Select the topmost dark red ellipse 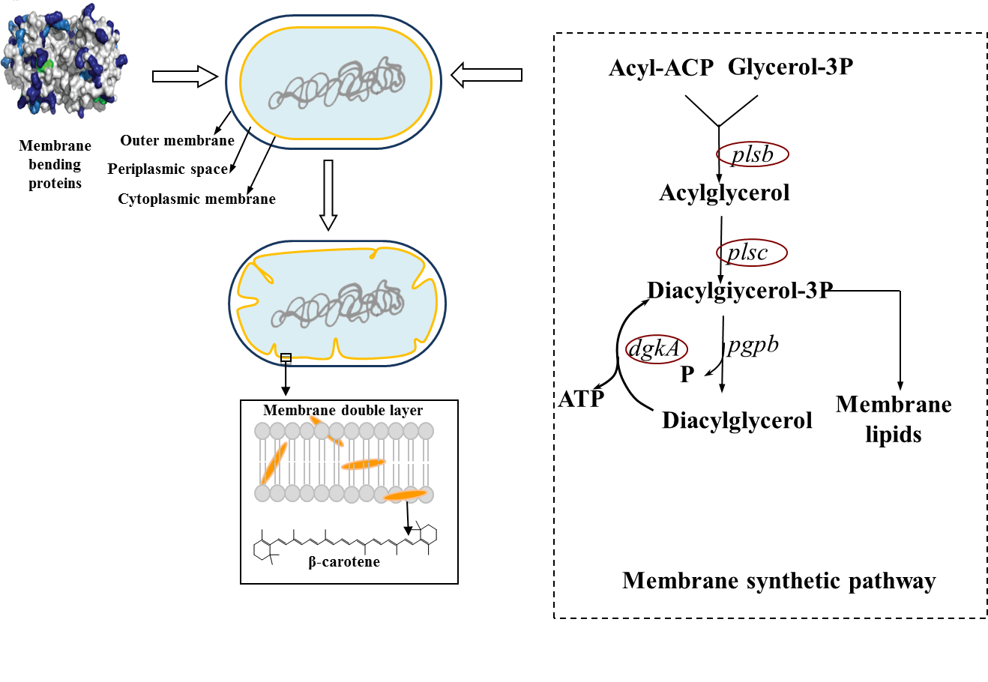pyautogui.click(x=753, y=154)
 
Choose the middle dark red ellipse pyautogui.click(x=752, y=253)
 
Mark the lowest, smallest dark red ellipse pyautogui.click(x=657, y=349)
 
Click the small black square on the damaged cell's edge pyautogui.click(x=286, y=357)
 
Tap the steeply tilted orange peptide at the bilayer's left pyautogui.click(x=274, y=462)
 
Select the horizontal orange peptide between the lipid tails pyautogui.click(x=364, y=465)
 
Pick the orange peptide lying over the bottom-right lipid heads pyautogui.click(x=405, y=495)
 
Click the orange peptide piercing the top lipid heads pyautogui.click(x=326, y=431)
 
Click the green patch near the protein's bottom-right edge pyautogui.click(x=100, y=99)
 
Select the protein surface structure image pyautogui.click(x=66, y=61)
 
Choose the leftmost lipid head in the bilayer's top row pyautogui.click(x=262, y=431)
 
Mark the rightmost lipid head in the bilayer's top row pyautogui.click(x=426, y=431)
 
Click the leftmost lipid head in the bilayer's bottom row pyautogui.click(x=262, y=493)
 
